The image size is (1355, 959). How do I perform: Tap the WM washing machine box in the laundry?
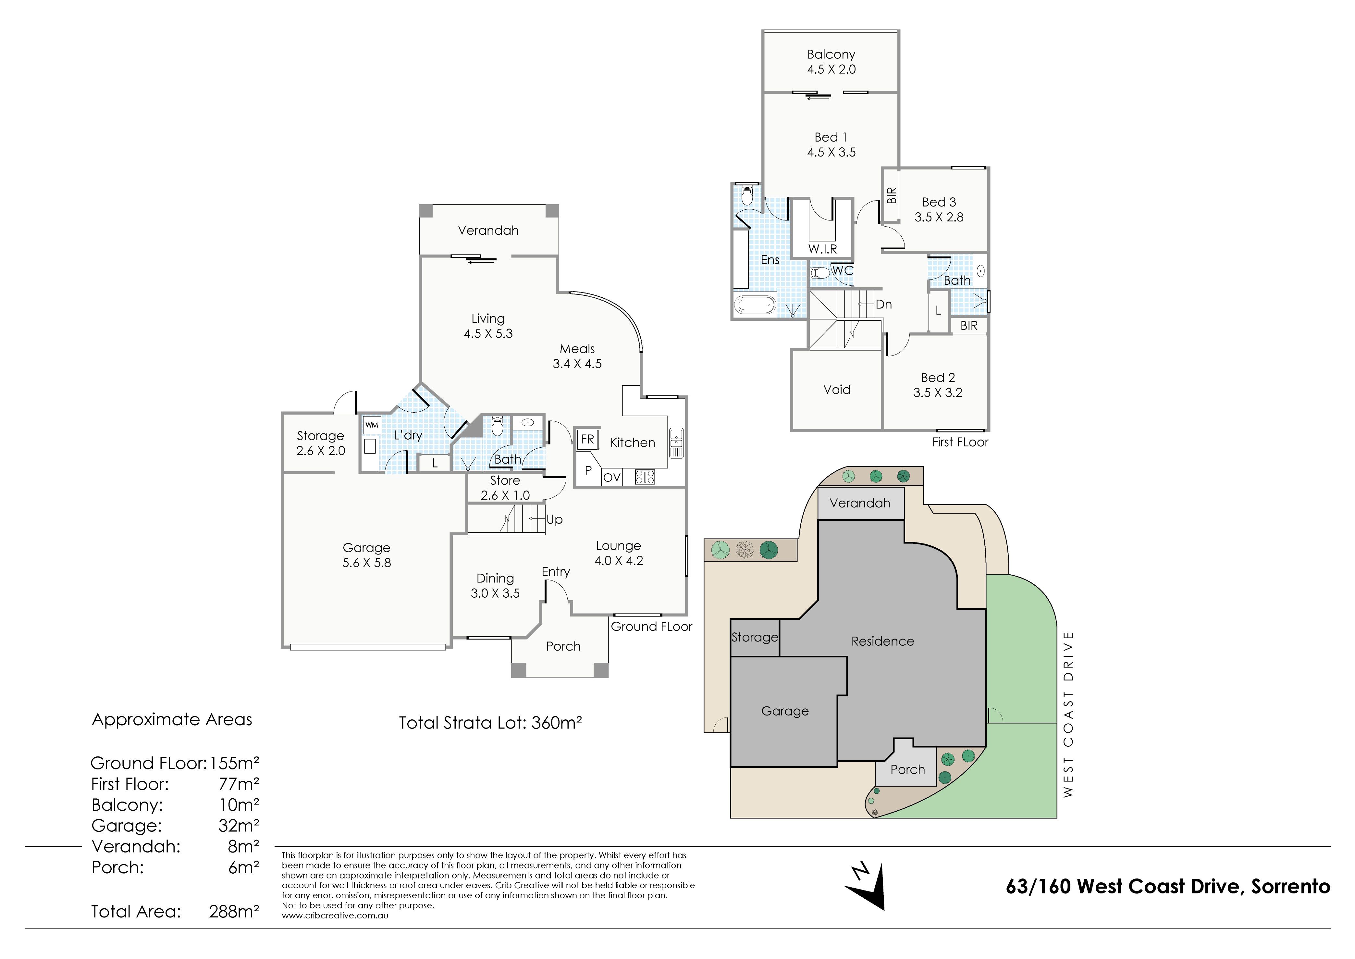tap(371, 425)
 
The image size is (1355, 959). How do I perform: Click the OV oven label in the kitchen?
tap(612, 477)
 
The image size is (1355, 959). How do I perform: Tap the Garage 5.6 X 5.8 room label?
tap(367, 555)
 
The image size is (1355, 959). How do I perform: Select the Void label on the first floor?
tap(837, 390)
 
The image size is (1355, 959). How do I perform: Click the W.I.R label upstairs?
tap(822, 249)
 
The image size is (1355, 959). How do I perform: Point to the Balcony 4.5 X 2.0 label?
tap(831, 61)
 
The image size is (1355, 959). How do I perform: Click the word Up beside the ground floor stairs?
tap(554, 520)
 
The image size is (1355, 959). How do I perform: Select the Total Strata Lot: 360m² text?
tap(491, 723)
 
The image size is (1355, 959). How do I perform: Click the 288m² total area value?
tap(234, 912)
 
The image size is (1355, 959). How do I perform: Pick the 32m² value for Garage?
tap(239, 826)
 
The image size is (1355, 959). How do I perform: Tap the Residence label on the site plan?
tap(882, 641)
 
